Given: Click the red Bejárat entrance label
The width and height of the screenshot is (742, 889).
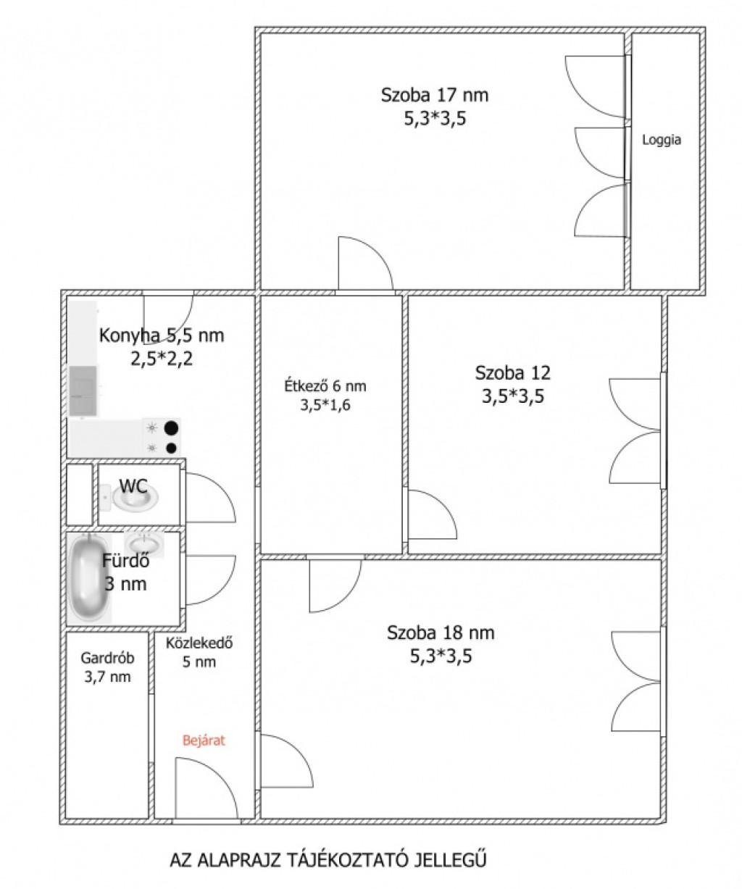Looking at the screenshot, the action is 204,740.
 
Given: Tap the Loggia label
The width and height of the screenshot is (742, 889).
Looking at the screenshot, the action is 662,140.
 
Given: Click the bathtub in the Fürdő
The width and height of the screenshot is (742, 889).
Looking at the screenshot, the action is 88,577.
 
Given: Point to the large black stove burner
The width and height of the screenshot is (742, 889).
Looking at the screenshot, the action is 171,427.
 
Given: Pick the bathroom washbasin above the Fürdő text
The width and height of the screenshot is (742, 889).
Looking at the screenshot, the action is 144,544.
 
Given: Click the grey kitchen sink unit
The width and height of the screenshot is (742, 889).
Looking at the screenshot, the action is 83,391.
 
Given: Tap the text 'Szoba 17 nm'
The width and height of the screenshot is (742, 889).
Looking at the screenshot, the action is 435,95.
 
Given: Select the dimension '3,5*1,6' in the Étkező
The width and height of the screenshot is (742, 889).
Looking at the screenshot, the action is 325,404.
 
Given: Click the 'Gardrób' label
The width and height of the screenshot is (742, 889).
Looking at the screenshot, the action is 107,658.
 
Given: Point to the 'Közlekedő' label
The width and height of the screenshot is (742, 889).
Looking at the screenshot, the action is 199,643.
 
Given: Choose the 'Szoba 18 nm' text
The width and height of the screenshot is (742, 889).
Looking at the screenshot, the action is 441,633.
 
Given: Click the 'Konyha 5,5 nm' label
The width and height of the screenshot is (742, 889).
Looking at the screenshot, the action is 162,335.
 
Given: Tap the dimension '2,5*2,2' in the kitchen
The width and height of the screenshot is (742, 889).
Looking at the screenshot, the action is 162,359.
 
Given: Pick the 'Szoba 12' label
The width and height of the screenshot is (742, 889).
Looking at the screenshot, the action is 513,373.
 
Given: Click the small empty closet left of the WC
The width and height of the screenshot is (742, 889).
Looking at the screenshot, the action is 80,494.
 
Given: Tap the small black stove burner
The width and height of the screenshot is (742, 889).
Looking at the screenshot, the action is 172,448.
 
